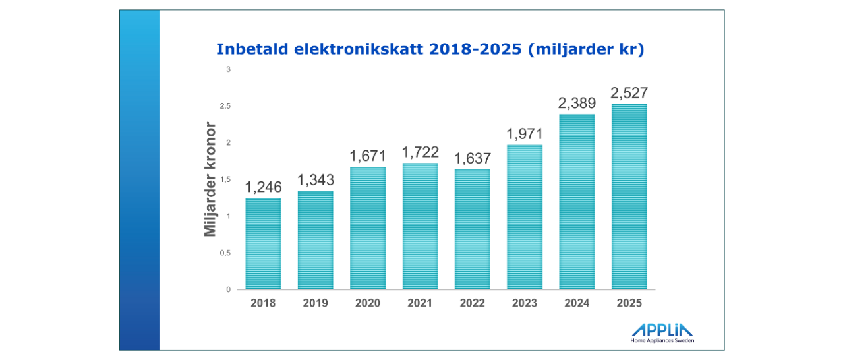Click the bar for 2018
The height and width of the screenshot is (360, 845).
pos(263,244)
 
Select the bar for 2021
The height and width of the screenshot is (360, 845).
pos(420,226)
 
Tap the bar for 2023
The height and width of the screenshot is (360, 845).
pos(525,217)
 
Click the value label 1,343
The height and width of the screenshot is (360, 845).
pos(315,179)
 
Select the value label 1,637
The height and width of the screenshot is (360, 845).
pos(472,158)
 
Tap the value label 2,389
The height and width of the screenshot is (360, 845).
pos(577,103)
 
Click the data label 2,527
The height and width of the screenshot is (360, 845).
pos(629,92)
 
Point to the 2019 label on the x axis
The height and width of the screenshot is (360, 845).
pos(315,303)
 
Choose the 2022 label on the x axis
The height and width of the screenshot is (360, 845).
pos(472,303)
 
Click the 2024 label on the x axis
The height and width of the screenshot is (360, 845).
pos(577,303)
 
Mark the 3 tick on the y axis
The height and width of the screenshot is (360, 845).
pos(227,69)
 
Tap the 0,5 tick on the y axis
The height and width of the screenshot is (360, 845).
pos(225,253)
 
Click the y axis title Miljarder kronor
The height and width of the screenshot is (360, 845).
pos(210,179)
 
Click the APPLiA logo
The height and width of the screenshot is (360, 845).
pos(662,330)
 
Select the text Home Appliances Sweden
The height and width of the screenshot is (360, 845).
pos(662,341)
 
